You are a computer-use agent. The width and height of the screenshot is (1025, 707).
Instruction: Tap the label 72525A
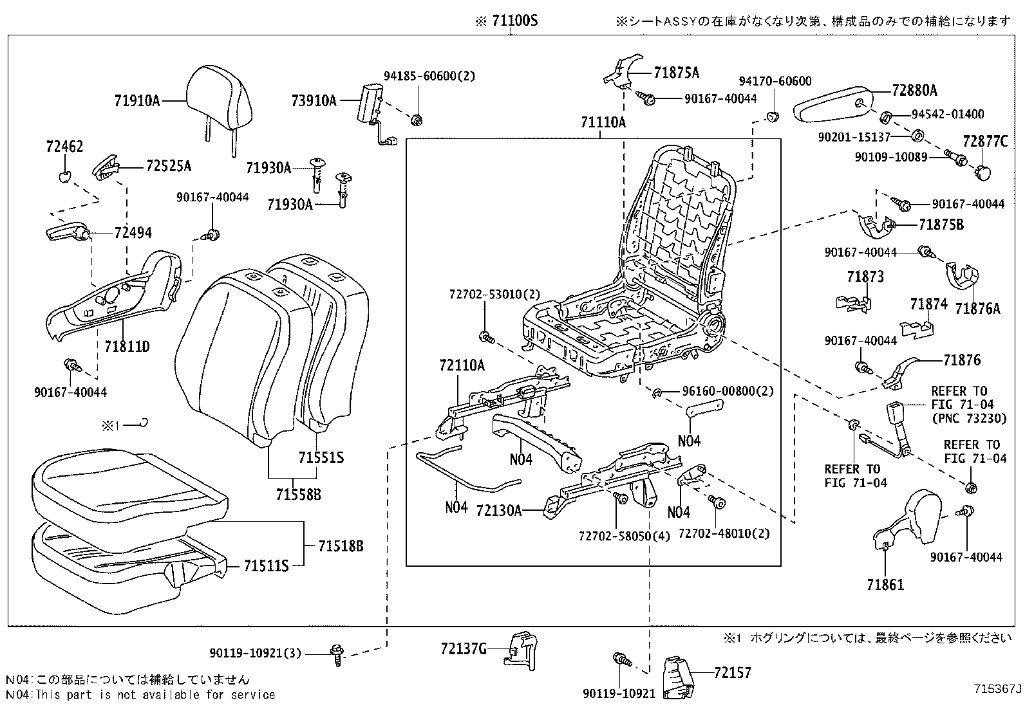[169, 166]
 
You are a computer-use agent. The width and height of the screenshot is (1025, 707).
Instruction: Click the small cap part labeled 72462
[64, 176]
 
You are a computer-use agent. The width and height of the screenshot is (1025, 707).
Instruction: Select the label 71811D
[127, 347]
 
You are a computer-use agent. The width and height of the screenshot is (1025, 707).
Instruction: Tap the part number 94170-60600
[775, 81]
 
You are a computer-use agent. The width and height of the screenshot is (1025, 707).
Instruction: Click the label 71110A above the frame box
[603, 122]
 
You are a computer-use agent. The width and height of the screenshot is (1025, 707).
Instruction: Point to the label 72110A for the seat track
[462, 365]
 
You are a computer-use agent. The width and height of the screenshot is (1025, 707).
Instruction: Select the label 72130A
[498, 510]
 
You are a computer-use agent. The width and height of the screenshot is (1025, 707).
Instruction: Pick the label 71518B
[341, 546]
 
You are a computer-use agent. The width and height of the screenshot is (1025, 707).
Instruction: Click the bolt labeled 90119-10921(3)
[337, 652]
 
